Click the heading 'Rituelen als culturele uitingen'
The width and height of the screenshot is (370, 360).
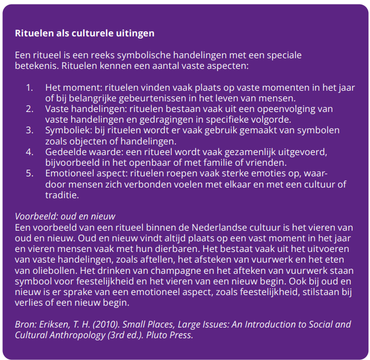(85, 33)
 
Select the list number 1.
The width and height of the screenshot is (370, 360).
(29, 88)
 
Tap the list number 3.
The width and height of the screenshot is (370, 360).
(29, 130)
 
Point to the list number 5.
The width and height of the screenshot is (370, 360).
(29, 174)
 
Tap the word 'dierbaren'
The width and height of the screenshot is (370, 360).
(178, 249)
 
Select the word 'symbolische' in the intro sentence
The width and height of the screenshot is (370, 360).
(122, 55)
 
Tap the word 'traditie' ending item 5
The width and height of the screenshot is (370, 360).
(61, 195)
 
